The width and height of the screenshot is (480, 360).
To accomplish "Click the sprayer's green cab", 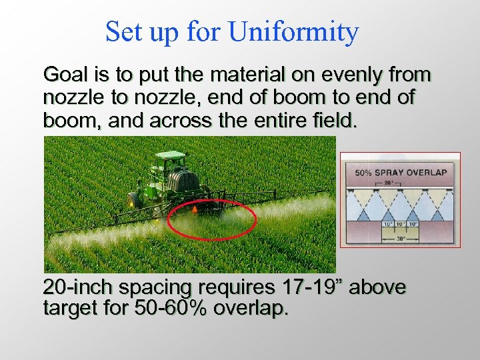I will (169, 162).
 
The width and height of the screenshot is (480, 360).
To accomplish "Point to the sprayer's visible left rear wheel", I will (133, 199).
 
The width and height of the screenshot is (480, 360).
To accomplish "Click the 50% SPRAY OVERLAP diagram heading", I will (400, 172).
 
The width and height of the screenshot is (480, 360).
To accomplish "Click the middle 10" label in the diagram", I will (400, 224).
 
